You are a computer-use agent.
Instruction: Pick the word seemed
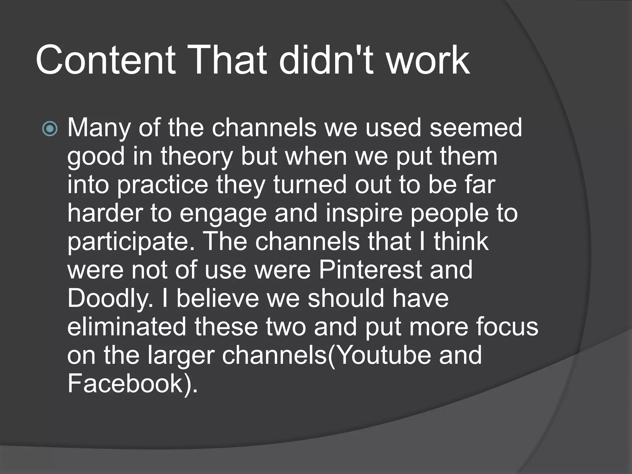(x=476, y=128)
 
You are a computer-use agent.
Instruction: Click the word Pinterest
(x=370, y=270)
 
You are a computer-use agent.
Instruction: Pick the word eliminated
(x=127, y=327)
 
